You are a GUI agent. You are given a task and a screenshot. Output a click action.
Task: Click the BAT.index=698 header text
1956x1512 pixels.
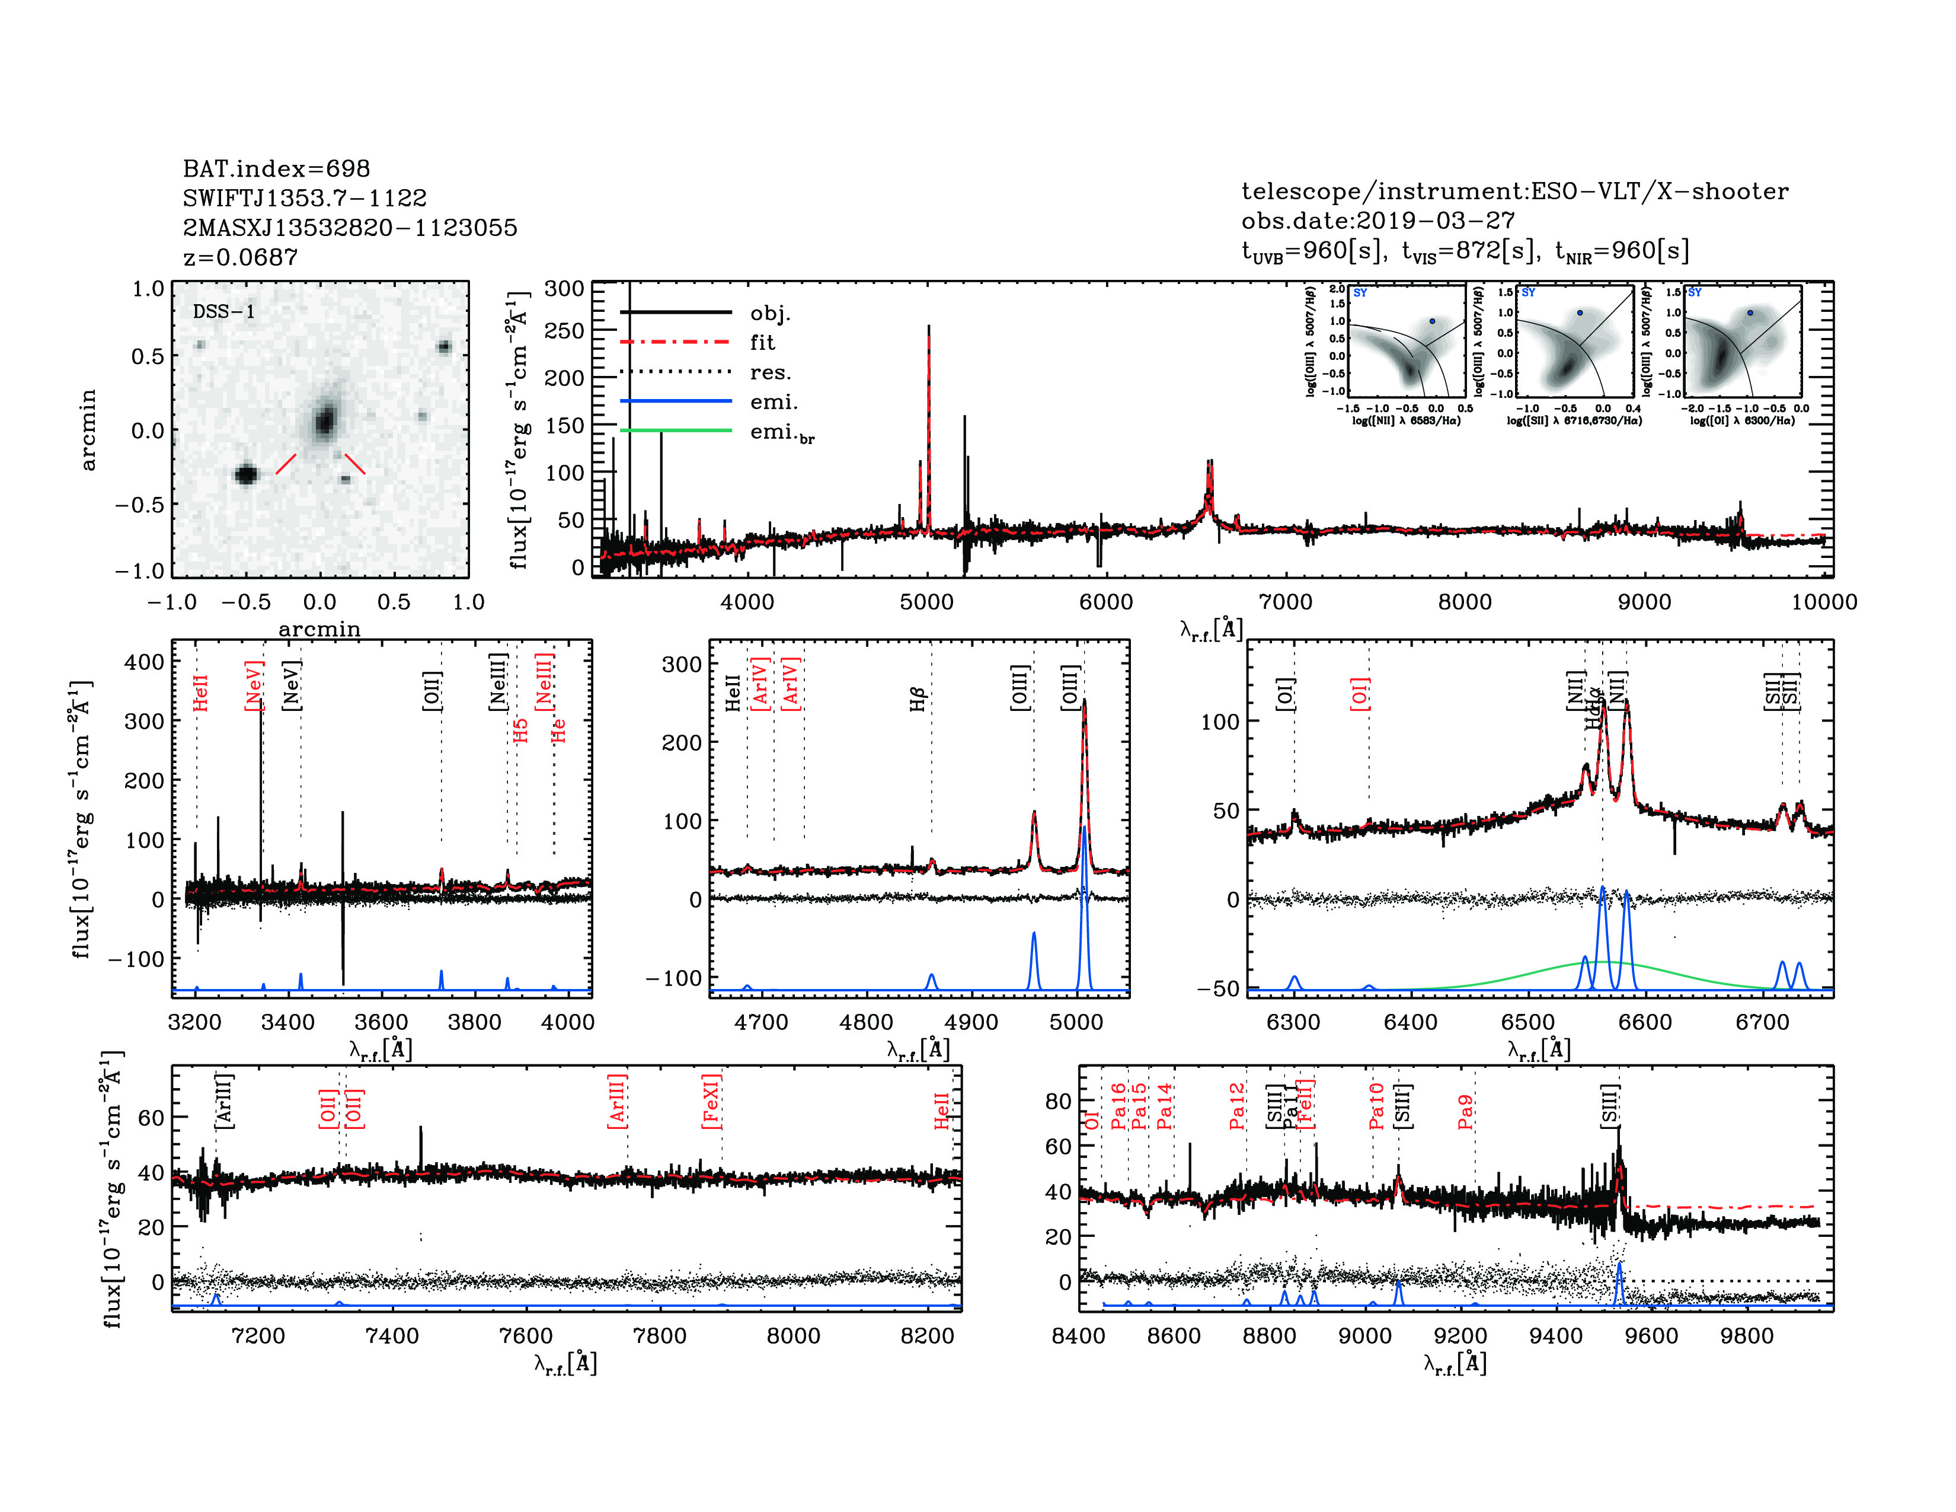276,168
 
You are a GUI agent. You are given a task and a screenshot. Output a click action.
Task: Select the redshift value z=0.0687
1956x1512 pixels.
240,257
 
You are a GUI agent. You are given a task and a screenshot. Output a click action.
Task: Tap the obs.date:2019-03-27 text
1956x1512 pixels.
1377,221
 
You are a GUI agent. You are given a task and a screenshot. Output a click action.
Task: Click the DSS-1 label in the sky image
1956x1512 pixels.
224,312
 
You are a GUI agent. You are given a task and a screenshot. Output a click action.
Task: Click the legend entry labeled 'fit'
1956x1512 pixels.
762,342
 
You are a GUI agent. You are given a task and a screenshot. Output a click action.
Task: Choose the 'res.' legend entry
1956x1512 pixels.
770,372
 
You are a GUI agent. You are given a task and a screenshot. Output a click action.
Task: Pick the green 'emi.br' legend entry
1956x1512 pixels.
781,433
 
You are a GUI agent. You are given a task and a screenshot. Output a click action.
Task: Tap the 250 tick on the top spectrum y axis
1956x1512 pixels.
564,330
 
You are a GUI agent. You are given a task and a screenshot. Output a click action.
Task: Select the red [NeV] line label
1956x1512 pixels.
254,686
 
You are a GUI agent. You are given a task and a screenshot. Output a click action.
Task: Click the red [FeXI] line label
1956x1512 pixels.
711,1102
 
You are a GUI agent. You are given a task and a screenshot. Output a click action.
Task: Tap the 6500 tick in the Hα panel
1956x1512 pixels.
1528,1022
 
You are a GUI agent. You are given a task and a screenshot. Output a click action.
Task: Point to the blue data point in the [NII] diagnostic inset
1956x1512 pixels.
1432,321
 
